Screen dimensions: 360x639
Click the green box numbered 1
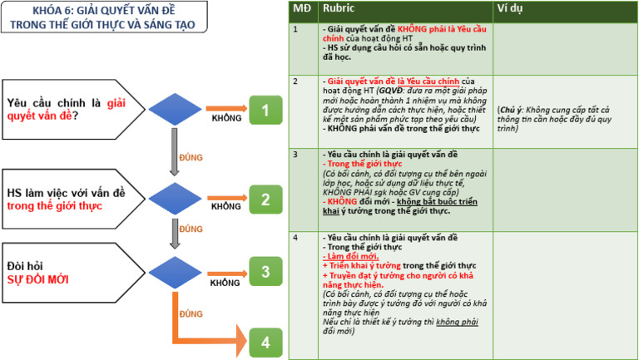click(265, 111)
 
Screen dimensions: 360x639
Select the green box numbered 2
click(265, 200)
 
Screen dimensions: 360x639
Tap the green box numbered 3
click(265, 271)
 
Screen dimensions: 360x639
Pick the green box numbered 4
click(265, 342)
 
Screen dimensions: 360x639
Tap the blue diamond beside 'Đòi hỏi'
click(175, 271)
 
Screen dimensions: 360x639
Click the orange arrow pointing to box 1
click(225, 108)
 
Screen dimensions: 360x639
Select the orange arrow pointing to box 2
click(225, 197)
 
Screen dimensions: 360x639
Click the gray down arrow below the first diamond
click(175, 152)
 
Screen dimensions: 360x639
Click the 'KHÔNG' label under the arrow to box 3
click(225, 283)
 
